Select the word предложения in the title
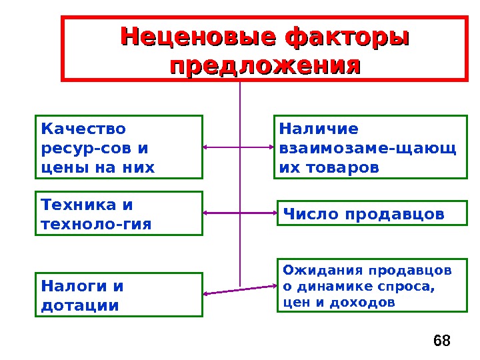pos(265,66)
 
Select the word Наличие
pos(319,128)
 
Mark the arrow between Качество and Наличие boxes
pos(238,147)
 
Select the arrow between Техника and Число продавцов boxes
pos(239,213)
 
